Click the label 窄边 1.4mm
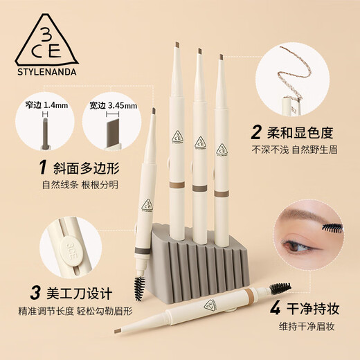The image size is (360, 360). point(46,102)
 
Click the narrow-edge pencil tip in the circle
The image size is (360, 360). point(46,129)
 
